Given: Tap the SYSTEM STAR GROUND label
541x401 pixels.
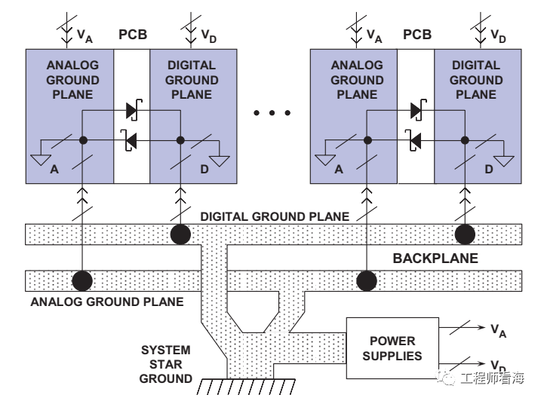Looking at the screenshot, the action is [x=165, y=364].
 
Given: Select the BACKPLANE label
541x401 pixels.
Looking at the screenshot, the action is [x=435, y=259].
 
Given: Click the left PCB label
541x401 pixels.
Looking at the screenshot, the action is [x=133, y=35].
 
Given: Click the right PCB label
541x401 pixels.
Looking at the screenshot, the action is [x=417, y=35].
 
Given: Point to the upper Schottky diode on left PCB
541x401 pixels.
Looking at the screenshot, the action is [x=133, y=110].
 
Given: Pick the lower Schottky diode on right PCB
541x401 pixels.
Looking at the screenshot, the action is [x=415, y=140].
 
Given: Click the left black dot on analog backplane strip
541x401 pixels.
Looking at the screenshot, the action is [x=82, y=280].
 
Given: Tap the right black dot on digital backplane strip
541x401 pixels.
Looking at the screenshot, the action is [x=465, y=234].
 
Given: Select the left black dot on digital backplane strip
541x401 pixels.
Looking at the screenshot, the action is [x=180, y=234].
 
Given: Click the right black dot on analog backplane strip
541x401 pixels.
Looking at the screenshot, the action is [x=367, y=280].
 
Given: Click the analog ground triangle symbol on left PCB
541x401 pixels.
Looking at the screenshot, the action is [x=41, y=160].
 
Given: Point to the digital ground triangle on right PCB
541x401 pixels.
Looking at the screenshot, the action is [x=504, y=161].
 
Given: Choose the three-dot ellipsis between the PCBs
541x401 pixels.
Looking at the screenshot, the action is [x=272, y=113].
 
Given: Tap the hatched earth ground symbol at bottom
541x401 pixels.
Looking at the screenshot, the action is [x=246, y=387].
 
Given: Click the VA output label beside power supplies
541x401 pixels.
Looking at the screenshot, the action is [x=498, y=331].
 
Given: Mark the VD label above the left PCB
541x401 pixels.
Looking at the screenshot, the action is [x=208, y=36].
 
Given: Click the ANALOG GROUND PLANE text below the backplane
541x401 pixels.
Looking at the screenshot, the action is [x=107, y=302].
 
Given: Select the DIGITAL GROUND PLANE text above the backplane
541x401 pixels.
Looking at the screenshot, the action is [x=275, y=216].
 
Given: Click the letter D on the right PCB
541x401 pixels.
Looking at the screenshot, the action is [x=488, y=170].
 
